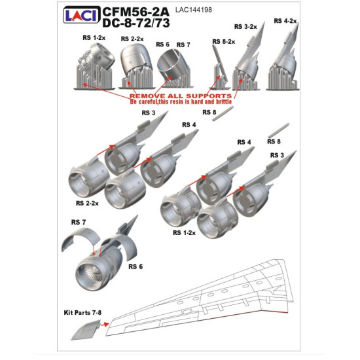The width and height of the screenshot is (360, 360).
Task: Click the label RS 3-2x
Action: (x=246, y=26)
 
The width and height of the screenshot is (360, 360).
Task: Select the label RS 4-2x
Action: (x=286, y=22)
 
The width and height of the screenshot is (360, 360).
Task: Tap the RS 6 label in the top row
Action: (x=162, y=44)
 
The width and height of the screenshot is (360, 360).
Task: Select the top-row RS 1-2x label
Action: (x=94, y=38)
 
